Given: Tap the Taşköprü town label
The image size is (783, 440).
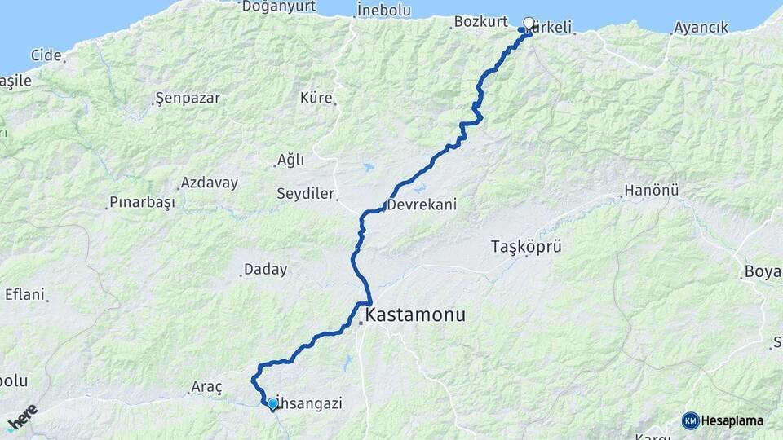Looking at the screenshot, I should pyautogui.click(x=526, y=245).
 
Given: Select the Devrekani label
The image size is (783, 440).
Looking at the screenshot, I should pyautogui.click(x=421, y=205).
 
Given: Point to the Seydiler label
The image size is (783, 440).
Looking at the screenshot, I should pyautogui.click(x=305, y=194).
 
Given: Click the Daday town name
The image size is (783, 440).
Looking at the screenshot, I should pyautogui.click(x=265, y=269).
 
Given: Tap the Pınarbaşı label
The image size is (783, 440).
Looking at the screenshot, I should pyautogui.click(x=142, y=202).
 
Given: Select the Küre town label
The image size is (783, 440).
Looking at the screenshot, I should pyautogui.click(x=316, y=98).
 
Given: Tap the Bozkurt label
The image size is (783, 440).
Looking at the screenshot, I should pyautogui.click(x=475, y=21).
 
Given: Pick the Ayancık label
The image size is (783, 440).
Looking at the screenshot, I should pyautogui.click(x=701, y=28).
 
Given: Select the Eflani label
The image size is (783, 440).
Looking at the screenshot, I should pyautogui.click(x=24, y=294).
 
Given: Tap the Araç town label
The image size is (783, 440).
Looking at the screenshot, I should pyautogui.click(x=206, y=387).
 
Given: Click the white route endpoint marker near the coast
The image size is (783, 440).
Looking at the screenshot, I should pyautogui.click(x=529, y=24).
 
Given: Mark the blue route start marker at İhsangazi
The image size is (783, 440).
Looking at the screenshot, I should pyautogui.click(x=272, y=403).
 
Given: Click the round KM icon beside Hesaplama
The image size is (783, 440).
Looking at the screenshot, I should pyautogui.click(x=691, y=420).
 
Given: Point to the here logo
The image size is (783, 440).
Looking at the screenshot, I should pyautogui.click(x=22, y=417).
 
